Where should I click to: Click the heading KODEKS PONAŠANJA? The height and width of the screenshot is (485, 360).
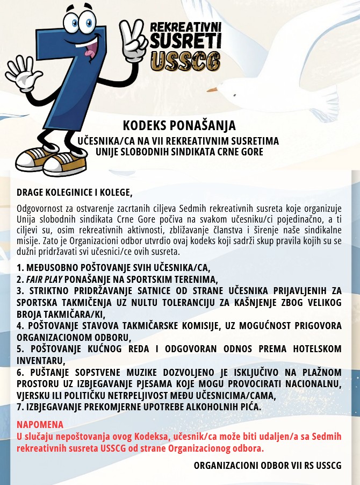(179, 126)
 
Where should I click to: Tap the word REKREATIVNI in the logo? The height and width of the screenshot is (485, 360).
(185, 27)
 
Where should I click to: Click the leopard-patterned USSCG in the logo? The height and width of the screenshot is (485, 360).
(185, 61)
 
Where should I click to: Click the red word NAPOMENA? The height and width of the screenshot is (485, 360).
(40, 424)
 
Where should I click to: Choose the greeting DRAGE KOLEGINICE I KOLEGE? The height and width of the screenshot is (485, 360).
(74, 192)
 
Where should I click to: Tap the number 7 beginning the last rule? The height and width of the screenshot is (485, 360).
(19, 407)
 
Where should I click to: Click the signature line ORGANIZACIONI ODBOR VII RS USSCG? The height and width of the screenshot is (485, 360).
(268, 465)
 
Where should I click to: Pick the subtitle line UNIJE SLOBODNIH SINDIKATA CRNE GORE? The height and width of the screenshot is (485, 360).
(179, 152)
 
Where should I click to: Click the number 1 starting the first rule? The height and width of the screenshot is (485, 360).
(19, 267)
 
